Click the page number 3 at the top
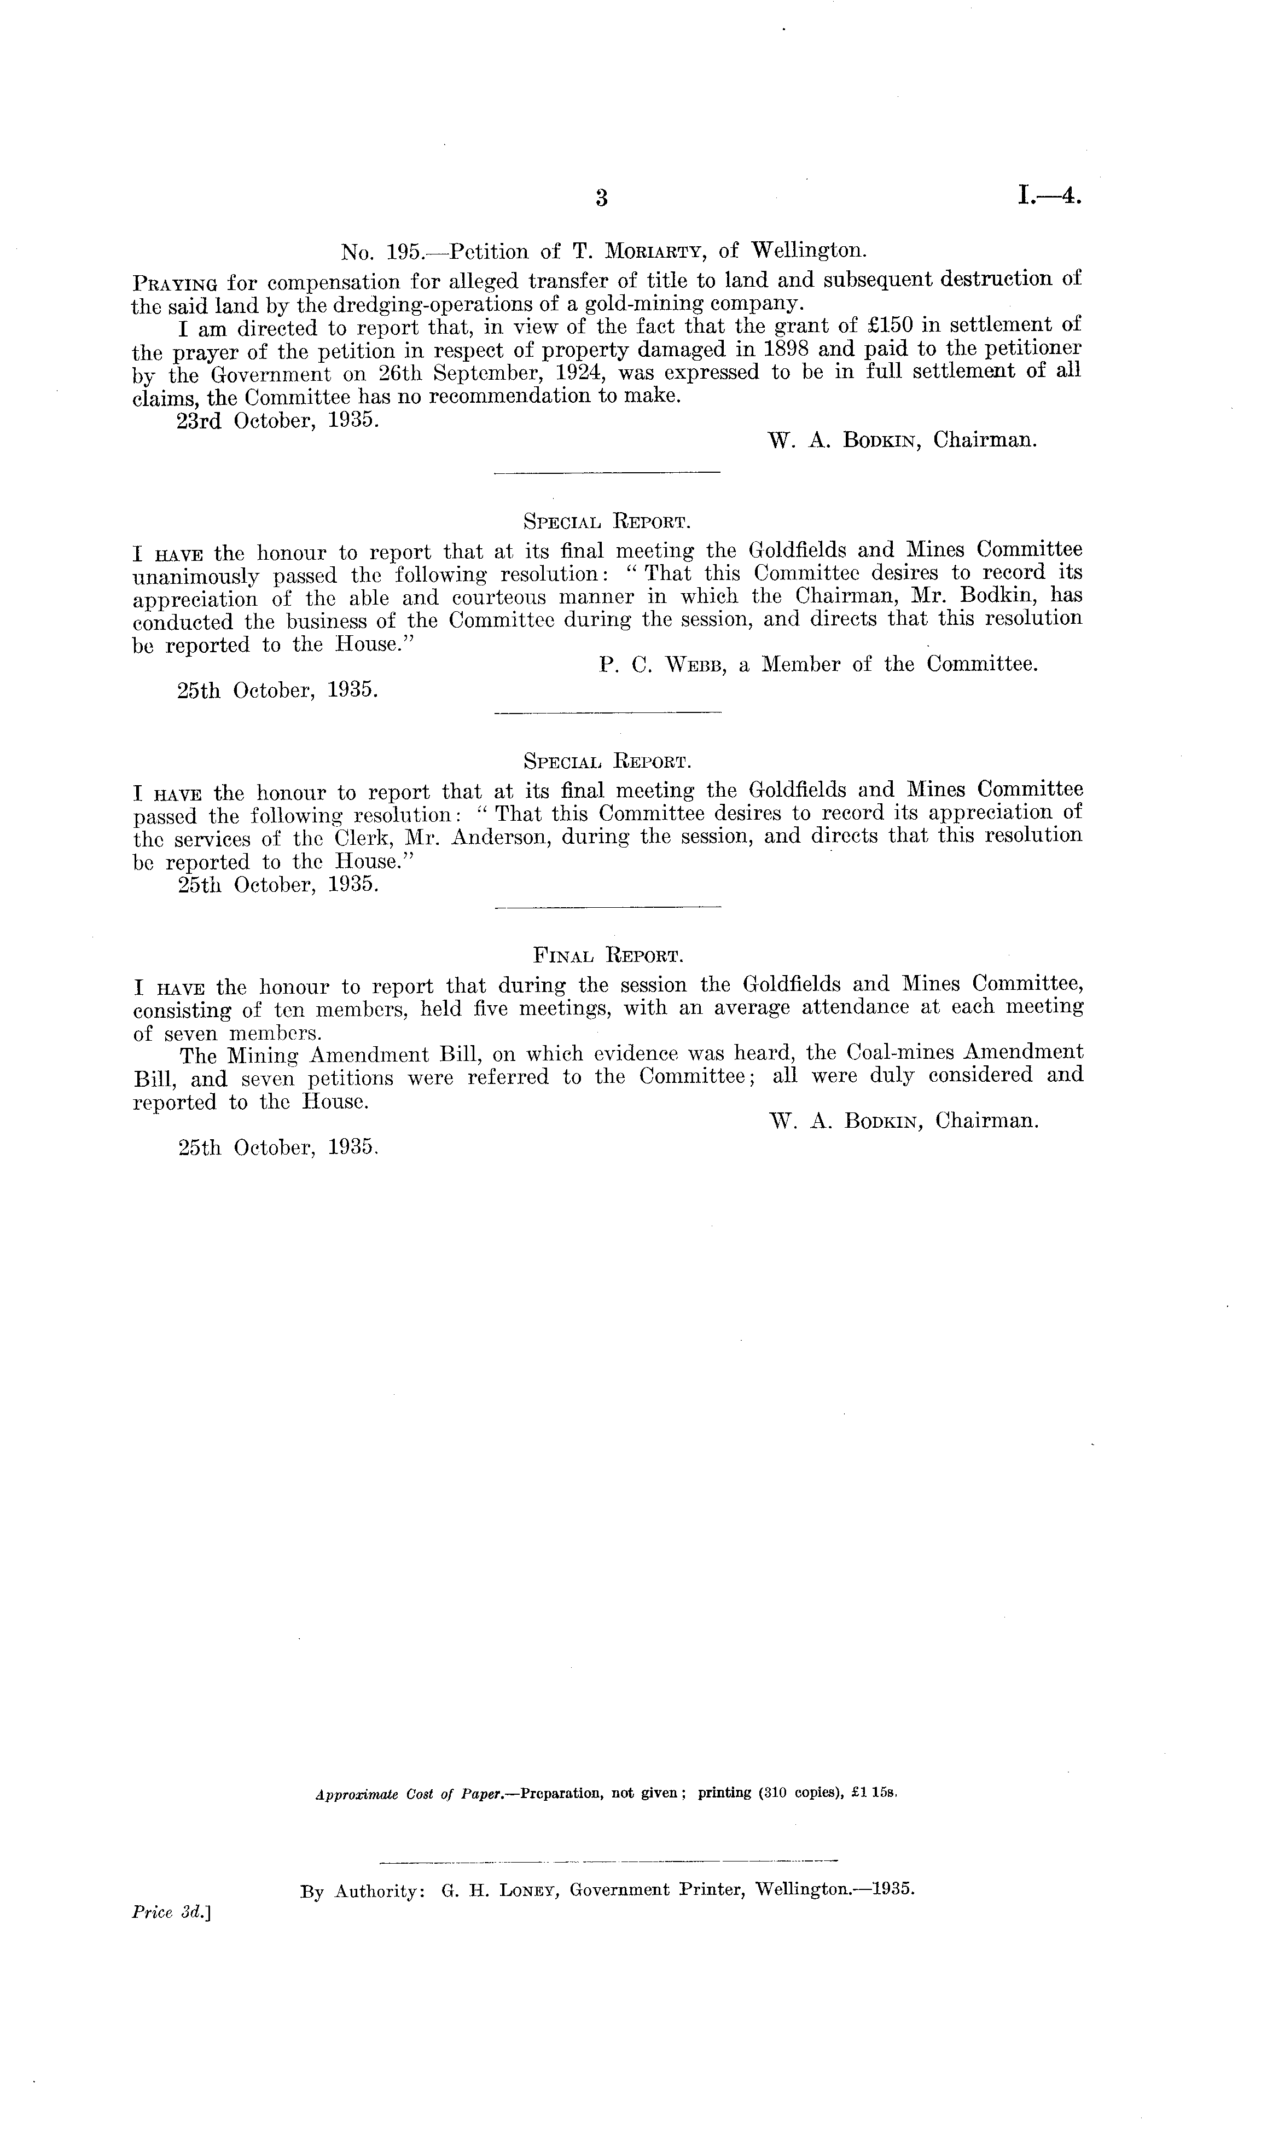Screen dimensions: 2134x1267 click(x=601, y=198)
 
